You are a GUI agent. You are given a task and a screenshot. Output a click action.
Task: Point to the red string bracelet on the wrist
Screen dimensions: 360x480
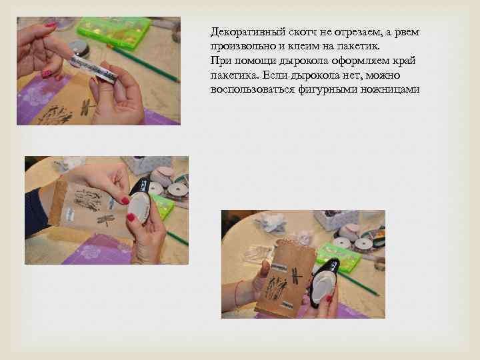point(239,293)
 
